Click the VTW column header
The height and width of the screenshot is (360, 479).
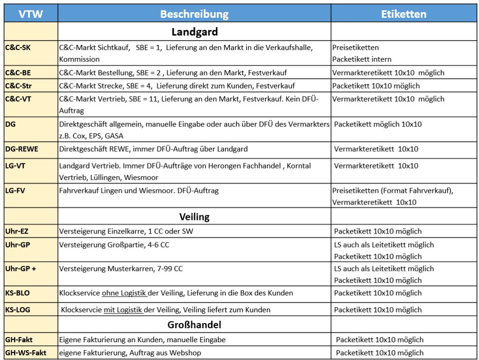pyautogui.click(x=31, y=14)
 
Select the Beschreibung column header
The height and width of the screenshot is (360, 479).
pyautogui.click(x=194, y=14)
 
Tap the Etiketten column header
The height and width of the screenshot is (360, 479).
pyautogui.click(x=404, y=14)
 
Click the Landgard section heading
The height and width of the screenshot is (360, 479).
pyautogui.click(x=194, y=32)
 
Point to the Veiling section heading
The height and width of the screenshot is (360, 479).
pyautogui.click(x=194, y=217)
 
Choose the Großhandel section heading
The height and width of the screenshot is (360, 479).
pyautogui.click(x=194, y=324)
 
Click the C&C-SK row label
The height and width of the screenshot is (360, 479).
pyautogui.click(x=18, y=47)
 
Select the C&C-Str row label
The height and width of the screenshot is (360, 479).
pyautogui.click(x=19, y=86)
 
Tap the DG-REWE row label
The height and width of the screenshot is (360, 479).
pyautogui.click(x=22, y=149)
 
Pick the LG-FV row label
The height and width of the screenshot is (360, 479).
pyautogui.click(x=16, y=191)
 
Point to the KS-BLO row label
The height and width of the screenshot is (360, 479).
pyautogui.click(x=18, y=293)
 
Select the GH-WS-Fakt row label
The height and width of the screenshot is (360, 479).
pyautogui.click(x=26, y=353)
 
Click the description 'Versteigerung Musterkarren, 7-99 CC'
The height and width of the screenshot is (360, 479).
pyautogui.click(x=121, y=269)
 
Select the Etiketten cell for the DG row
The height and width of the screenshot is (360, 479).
pyautogui.click(x=378, y=124)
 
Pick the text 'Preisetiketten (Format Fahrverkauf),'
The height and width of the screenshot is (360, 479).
pyautogui.click(x=393, y=191)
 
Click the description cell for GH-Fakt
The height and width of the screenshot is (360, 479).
pyautogui.click(x=142, y=339)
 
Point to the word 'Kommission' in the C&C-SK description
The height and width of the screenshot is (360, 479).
pyautogui.click(x=79, y=59)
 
